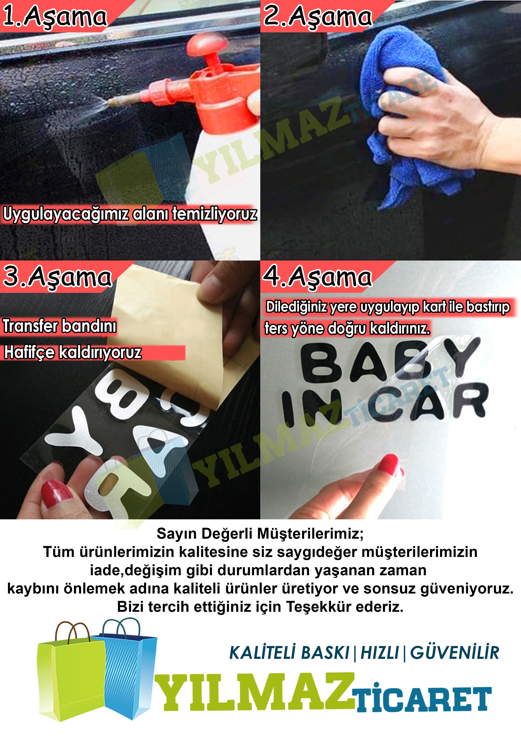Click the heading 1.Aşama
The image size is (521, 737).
pos(55,17)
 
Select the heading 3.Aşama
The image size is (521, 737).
pos(57,277)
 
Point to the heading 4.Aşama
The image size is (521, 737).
pos(317,277)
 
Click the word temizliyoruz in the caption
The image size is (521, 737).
pos(214,214)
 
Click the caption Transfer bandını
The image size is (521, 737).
pos(60,326)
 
